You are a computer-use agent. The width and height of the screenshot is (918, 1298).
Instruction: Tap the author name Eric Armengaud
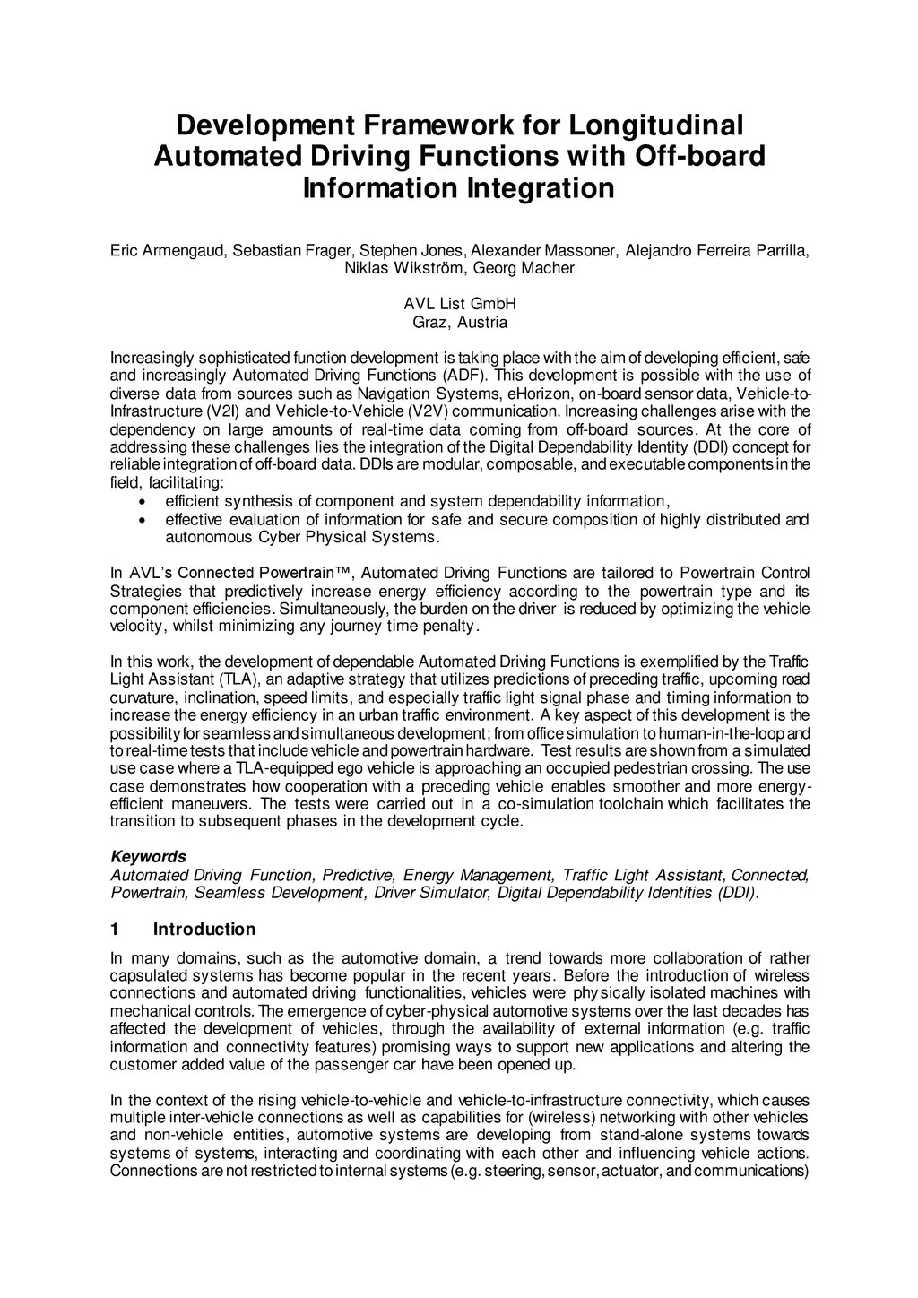[x=166, y=250]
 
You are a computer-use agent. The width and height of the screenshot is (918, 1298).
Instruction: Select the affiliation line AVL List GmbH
[x=459, y=304]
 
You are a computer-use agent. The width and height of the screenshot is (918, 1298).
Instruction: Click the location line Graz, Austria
[x=459, y=322]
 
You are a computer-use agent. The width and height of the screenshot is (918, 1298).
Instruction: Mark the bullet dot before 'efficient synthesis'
[x=143, y=502]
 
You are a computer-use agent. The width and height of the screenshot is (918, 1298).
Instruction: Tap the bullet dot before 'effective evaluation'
[x=143, y=520]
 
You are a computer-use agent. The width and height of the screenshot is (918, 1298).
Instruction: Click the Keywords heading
[x=148, y=856]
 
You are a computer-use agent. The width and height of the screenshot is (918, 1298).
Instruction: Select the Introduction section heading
[x=204, y=929]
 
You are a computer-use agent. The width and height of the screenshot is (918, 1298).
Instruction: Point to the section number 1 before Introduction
[x=115, y=929]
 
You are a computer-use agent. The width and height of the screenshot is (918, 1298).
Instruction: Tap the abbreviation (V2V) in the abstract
[x=427, y=411]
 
